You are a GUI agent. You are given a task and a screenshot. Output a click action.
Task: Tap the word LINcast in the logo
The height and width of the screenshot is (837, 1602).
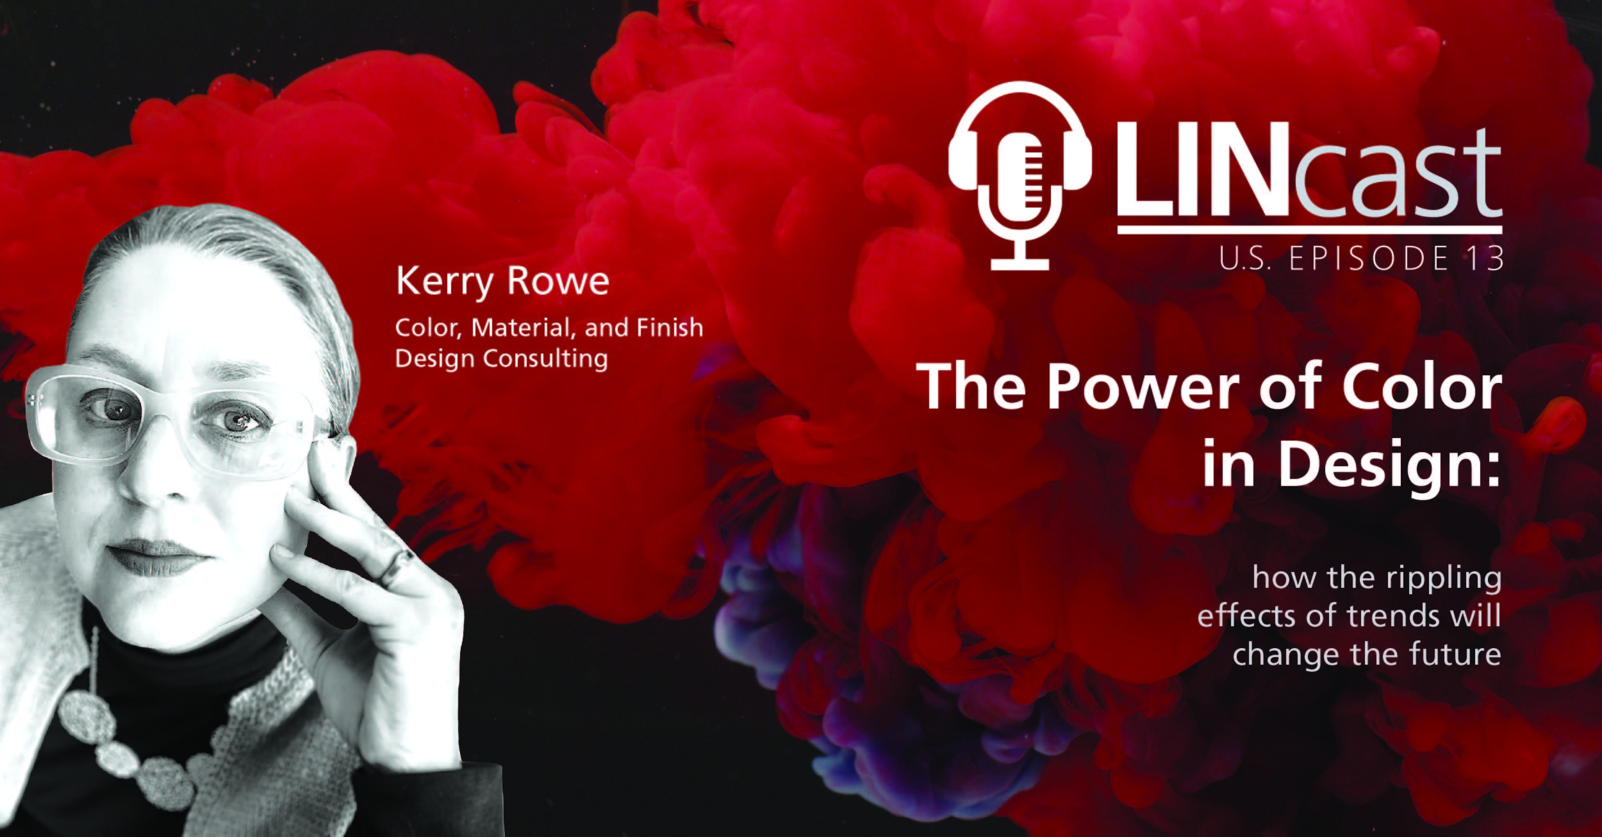pyautogui.click(x=1309, y=174)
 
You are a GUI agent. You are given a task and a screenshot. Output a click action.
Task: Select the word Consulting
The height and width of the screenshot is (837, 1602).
pyautogui.click(x=545, y=359)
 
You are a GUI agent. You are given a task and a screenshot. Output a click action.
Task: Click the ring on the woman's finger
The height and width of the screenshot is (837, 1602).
pyautogui.click(x=393, y=566)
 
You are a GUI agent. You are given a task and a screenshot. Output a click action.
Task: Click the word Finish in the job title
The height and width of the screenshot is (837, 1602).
pyautogui.click(x=670, y=327)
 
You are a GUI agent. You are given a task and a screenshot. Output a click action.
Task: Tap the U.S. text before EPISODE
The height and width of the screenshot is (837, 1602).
pyautogui.click(x=1243, y=258)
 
